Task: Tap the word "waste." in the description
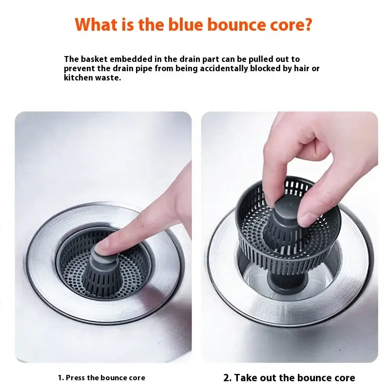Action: click(x=107, y=78)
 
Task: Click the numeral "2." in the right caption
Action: click(x=227, y=377)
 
